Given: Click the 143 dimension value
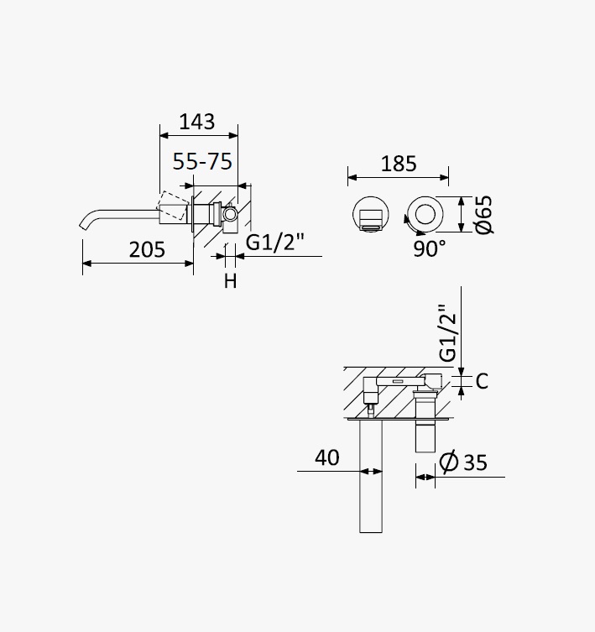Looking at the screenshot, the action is tap(196, 122).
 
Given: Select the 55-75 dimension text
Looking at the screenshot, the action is tap(202, 162).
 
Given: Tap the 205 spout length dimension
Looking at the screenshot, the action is tap(147, 249).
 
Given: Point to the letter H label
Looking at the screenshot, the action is tap(230, 280).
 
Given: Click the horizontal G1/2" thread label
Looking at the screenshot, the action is tap(274, 243).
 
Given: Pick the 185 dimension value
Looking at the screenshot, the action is tap(399, 164).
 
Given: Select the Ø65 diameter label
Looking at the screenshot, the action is tap(483, 214).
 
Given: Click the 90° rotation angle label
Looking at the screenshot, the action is tap(430, 248).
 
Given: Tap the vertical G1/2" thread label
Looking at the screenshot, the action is tap(447, 333).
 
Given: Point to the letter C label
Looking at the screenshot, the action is tap(482, 381).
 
